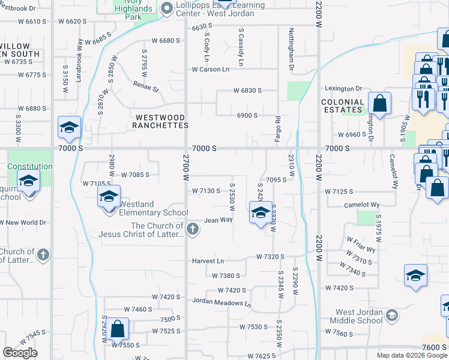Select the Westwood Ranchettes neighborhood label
click(161, 121)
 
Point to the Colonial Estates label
click(343, 106)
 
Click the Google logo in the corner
click(20, 353)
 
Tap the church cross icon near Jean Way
click(192, 229)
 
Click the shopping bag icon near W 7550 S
click(117, 329)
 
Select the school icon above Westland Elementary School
click(109, 196)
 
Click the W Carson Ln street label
click(211, 70)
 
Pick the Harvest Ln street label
click(208, 261)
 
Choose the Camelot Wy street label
click(360, 205)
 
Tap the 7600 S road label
click(433, 347)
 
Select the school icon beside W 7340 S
click(415, 275)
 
